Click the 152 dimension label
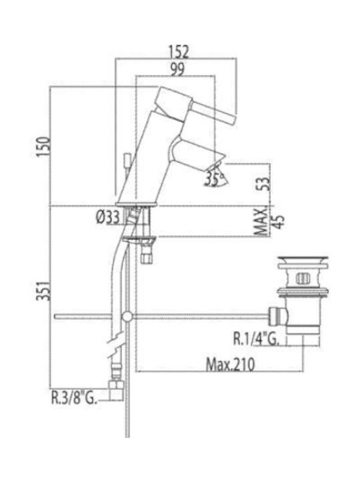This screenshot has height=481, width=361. pos(179,51)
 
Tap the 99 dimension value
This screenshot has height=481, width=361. pos(178,69)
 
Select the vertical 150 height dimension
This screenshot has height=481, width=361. pos(43,146)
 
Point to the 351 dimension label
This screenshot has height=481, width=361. pos(43,290)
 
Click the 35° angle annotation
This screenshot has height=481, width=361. pos(215,179)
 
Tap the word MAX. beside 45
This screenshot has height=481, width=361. pos(261,221)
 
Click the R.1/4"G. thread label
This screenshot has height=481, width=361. pos(256,339)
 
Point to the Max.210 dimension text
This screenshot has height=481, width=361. pos(230,365)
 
